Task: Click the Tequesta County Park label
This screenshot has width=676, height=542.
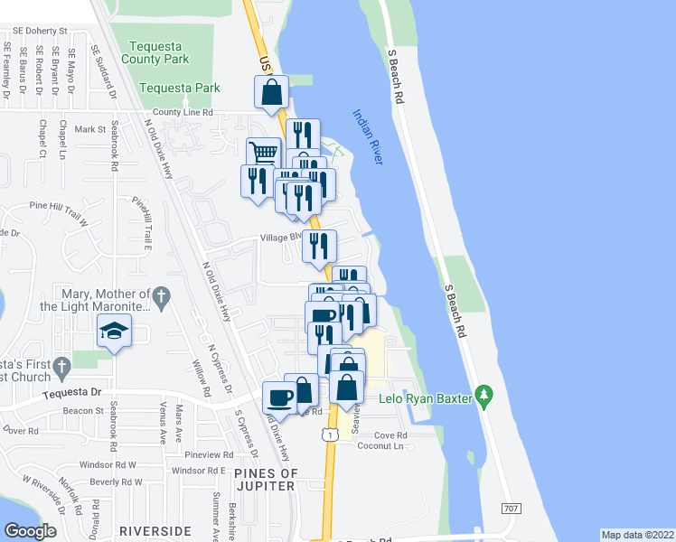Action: pyautogui.click(x=159, y=52)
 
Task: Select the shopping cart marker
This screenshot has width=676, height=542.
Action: pyautogui.click(x=263, y=153)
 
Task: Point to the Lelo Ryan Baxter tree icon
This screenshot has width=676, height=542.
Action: pyautogui.click(x=485, y=396)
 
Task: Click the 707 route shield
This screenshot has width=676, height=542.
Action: pyautogui.click(x=511, y=509)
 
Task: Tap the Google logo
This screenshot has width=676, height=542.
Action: pyautogui.click(x=30, y=531)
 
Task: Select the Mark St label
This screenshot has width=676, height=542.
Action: pyautogui.click(x=90, y=129)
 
